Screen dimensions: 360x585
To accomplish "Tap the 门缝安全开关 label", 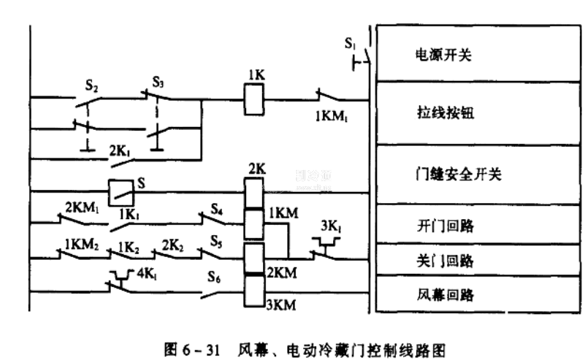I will (x=453, y=175).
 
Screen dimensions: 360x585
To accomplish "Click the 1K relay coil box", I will (x=253, y=99).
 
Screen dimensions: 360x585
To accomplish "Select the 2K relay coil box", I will (x=253, y=193).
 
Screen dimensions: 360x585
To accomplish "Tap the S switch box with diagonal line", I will (x=121, y=193).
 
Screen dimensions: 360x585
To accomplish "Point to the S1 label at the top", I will (x=351, y=43).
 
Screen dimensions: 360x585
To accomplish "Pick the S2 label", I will (x=91, y=85).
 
